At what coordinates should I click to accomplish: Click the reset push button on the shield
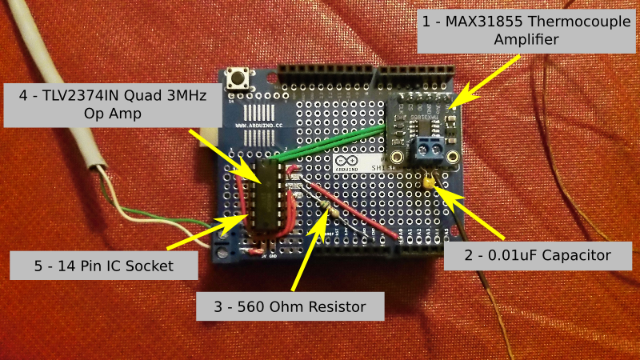(x=237, y=79)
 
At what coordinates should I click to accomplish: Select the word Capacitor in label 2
(x=573, y=256)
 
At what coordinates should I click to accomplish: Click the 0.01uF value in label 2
(x=502, y=256)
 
